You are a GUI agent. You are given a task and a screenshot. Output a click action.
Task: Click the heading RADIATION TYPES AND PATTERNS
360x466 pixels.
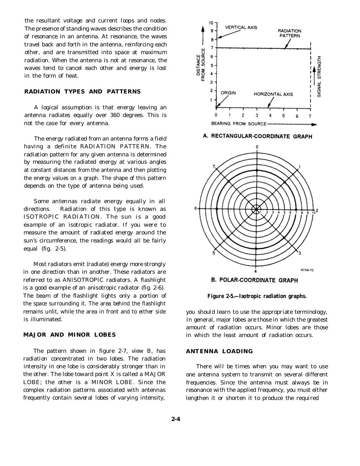click(x=82, y=92)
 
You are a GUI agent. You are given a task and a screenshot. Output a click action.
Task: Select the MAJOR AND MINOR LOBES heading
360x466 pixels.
click(x=69, y=335)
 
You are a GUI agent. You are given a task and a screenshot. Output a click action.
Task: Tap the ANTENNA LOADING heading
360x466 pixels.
click(x=219, y=351)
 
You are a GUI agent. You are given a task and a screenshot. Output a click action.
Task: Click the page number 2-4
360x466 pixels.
click(x=176, y=419)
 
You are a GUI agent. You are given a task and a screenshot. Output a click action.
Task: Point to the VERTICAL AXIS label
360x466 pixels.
click(x=241, y=27)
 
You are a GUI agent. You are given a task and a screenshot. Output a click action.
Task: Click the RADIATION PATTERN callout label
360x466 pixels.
click(x=290, y=33)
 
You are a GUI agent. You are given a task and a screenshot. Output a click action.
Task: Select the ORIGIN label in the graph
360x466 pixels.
click(x=228, y=93)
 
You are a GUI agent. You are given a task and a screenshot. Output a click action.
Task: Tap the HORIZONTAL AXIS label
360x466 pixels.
click(x=273, y=94)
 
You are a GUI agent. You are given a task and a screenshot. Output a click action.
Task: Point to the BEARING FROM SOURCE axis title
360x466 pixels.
click(x=239, y=124)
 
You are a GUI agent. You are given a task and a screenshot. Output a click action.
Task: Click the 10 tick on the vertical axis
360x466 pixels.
click(x=211, y=23)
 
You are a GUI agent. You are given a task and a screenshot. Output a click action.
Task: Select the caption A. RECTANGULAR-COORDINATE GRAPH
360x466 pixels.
click(x=257, y=136)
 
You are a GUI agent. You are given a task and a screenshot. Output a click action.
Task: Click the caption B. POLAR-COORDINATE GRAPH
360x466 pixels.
click(x=254, y=280)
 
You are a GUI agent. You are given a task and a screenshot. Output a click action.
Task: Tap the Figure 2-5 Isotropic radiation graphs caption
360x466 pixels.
click(x=257, y=296)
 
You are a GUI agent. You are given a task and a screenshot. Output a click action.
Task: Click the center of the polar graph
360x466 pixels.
click(x=257, y=209)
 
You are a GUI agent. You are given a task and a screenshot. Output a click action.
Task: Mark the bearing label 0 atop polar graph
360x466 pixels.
click(x=257, y=147)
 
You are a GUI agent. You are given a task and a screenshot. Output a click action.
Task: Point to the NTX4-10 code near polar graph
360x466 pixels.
click(x=307, y=270)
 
